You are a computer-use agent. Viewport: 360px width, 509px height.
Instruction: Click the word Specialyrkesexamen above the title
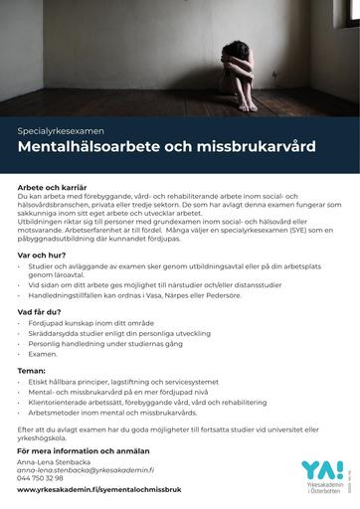pos(61,130)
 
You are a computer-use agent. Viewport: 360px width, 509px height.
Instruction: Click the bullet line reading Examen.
pos(44,354)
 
